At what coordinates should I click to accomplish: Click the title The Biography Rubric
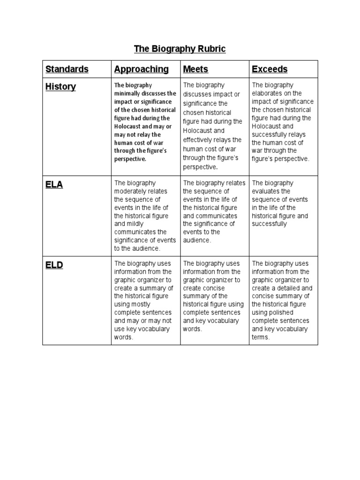180,49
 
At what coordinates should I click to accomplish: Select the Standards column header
67,69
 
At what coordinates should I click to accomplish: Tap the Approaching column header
141,69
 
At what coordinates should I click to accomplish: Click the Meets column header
195,69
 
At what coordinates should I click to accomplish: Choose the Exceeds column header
270,69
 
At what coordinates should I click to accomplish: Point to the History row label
60,87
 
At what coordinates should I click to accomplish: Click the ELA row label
54,185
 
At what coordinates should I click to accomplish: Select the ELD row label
54,265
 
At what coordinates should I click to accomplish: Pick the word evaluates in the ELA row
265,191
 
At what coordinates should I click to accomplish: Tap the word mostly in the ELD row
139,305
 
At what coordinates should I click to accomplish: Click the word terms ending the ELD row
260,337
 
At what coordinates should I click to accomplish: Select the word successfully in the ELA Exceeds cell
269,224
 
